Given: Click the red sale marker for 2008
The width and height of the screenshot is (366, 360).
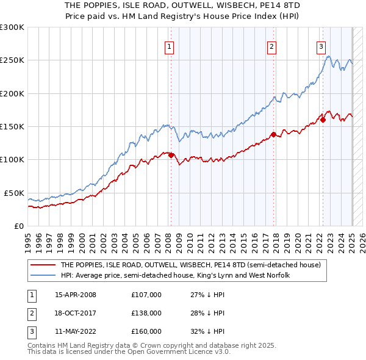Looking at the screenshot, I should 171,155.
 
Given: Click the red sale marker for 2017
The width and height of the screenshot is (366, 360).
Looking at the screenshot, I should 273,134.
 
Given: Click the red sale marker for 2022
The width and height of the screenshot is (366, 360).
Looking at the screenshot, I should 323,120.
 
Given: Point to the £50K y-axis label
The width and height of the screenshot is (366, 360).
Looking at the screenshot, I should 13,193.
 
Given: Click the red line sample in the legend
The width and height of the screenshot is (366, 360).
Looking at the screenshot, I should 43,265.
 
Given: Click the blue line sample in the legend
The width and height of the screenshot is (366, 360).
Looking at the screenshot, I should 43,275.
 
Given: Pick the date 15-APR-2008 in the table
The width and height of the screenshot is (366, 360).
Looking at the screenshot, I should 76,295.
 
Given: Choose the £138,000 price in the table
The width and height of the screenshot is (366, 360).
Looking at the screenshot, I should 146,313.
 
